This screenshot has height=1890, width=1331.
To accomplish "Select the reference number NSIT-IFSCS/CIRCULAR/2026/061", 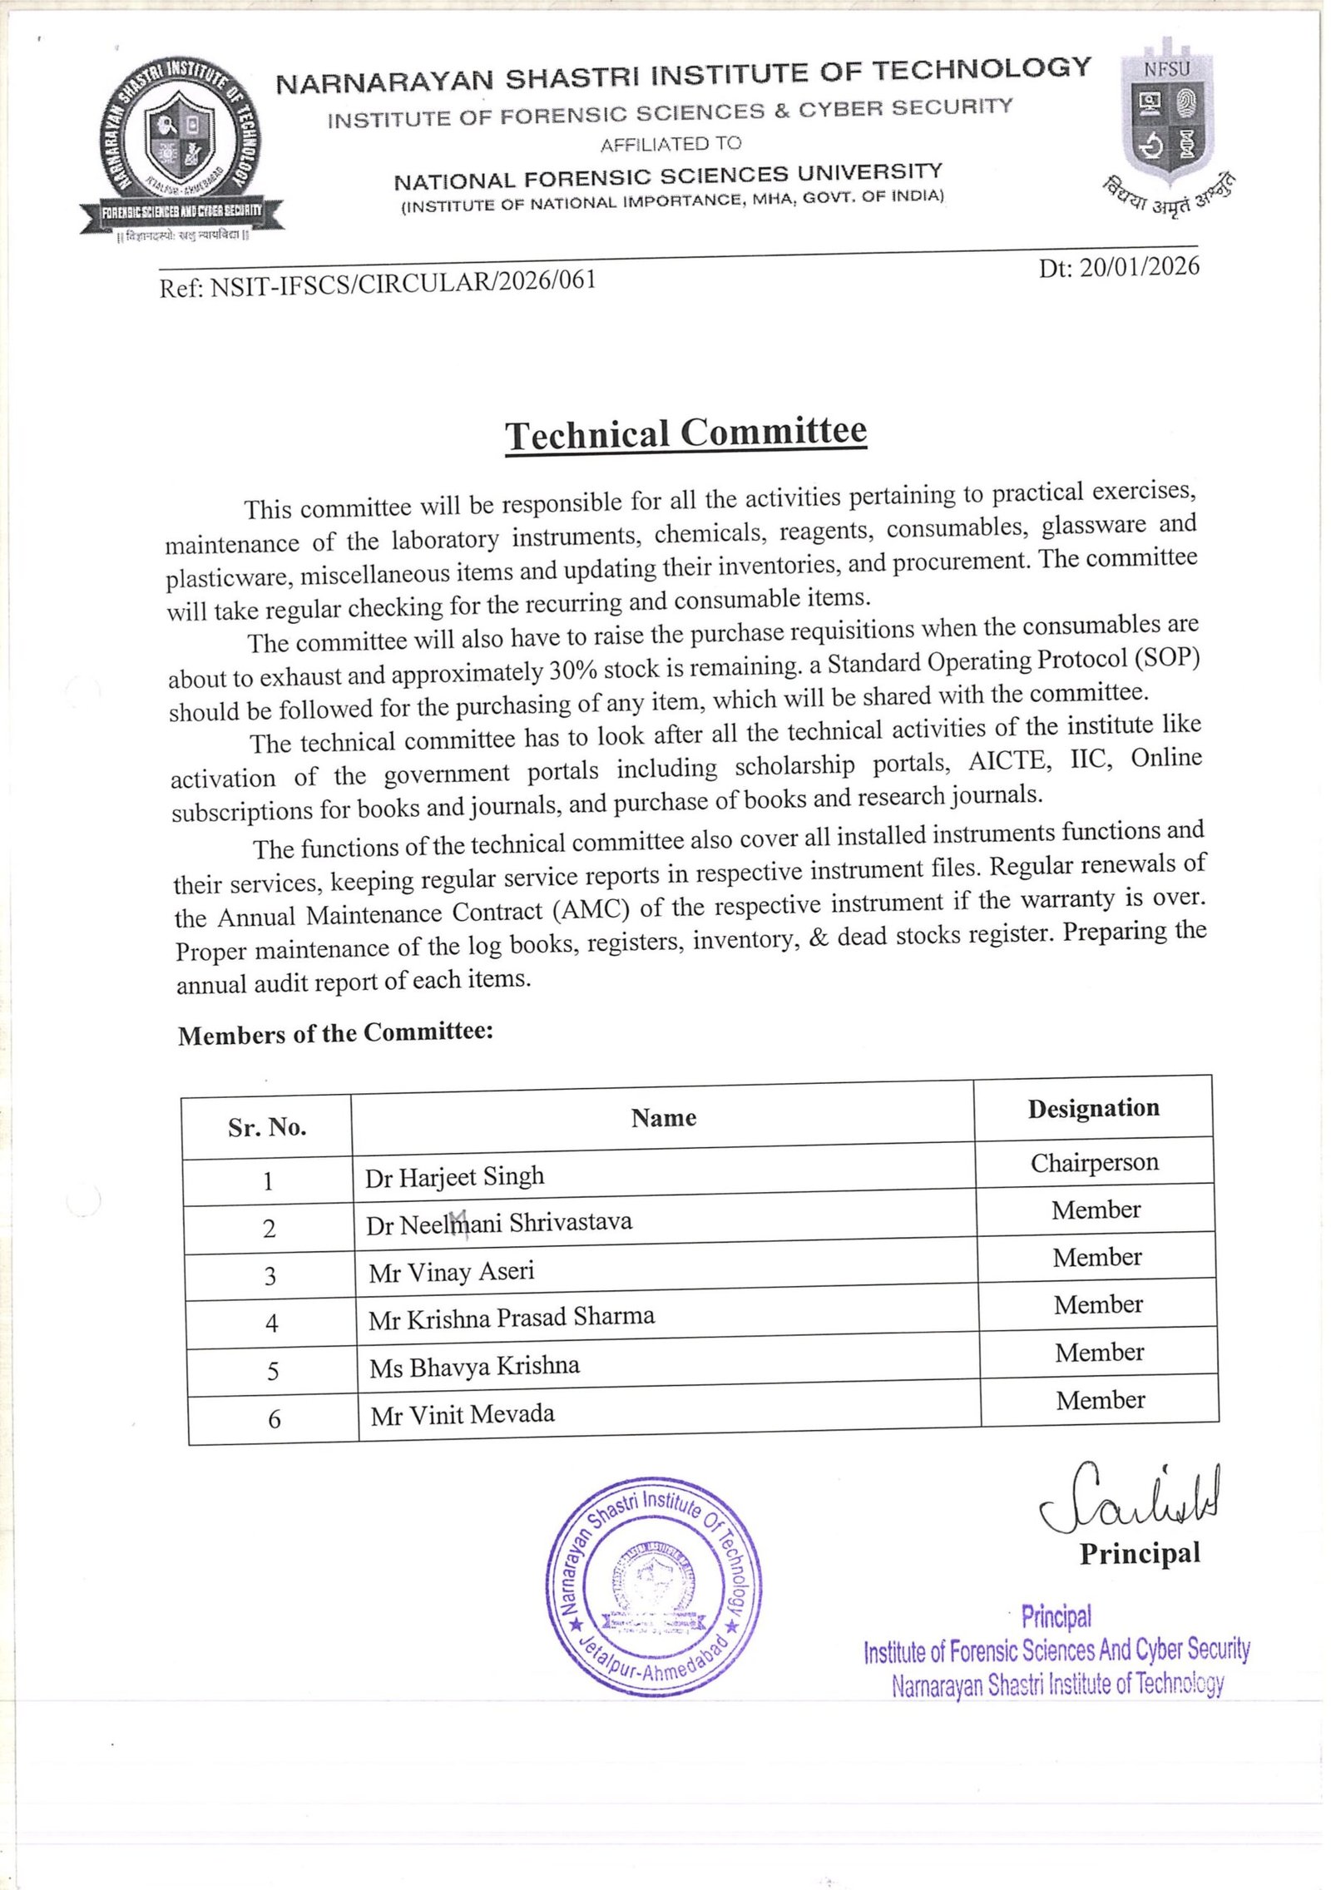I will pyautogui.click(x=378, y=282).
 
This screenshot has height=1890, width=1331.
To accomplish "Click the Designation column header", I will pyautogui.click(x=1093, y=1108).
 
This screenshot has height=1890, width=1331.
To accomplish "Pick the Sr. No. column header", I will pyautogui.click(x=267, y=1127).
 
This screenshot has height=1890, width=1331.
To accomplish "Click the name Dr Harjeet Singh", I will pyautogui.click(x=454, y=1177).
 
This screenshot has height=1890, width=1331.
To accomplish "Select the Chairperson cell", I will pyautogui.click(x=1094, y=1162).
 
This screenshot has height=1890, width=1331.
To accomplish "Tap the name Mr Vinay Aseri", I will pyautogui.click(x=451, y=1273).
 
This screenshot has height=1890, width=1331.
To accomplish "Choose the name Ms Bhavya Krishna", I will pyautogui.click(x=474, y=1367).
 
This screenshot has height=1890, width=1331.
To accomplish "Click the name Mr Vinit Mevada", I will pyautogui.click(x=463, y=1415).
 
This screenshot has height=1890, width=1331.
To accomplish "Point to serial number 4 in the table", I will pyautogui.click(x=271, y=1323).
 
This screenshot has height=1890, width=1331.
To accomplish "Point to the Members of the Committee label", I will pyautogui.click(x=335, y=1033).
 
